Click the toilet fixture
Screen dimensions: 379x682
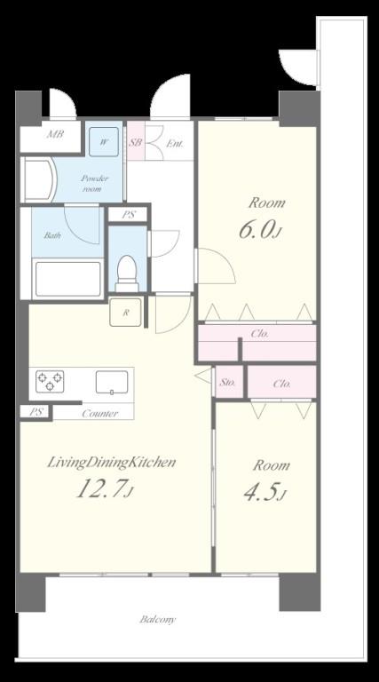pyautogui.click(x=127, y=274)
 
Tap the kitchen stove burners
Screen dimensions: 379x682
pyautogui.click(x=50, y=381)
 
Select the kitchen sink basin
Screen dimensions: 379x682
pyautogui.click(x=112, y=383)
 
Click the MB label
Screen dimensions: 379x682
pyautogui.click(x=56, y=134)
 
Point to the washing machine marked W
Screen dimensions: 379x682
pyautogui.click(x=104, y=142)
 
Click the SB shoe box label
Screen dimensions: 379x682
pyautogui.click(x=136, y=142)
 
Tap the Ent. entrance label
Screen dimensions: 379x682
pyautogui.click(x=175, y=144)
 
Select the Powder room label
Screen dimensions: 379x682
pyautogui.click(x=94, y=184)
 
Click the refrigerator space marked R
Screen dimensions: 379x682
pyautogui.click(x=125, y=312)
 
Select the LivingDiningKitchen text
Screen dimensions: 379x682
pyautogui.click(x=111, y=462)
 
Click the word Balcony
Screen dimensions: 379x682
pyautogui.click(x=158, y=619)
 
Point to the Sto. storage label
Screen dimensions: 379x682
pyautogui.click(x=228, y=383)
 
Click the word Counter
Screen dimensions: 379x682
pyautogui.click(x=99, y=413)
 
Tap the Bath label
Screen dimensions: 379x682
pyautogui.click(x=51, y=235)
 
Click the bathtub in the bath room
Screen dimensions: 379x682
pyautogui.click(x=67, y=279)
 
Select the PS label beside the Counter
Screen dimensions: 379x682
pyautogui.click(x=36, y=412)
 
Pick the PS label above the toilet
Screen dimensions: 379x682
pyautogui.click(x=128, y=215)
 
